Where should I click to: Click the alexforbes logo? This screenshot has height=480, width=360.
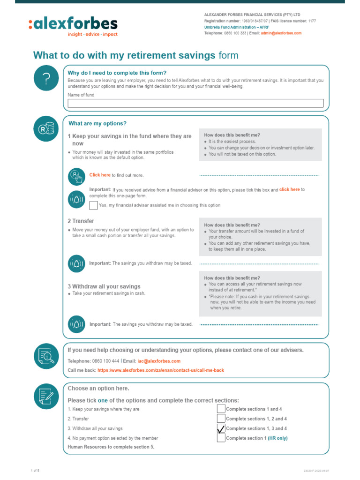73,26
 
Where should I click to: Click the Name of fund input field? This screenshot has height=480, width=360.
195,103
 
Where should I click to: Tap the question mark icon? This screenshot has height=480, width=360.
46,80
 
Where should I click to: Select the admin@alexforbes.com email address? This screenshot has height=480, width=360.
281,33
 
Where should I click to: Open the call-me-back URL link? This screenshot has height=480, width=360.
160,370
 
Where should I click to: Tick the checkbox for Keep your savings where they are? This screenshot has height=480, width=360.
221,409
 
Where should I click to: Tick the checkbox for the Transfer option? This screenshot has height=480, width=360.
221,419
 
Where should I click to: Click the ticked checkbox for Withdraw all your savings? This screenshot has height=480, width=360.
221,428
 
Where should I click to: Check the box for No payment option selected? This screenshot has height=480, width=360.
221,438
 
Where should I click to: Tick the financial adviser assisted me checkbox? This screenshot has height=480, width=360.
94,205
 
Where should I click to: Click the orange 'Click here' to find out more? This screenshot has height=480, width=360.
100,175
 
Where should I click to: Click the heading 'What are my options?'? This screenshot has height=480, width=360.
97,124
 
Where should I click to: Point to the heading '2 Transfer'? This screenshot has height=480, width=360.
81,221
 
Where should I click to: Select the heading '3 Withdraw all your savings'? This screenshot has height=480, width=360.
104,286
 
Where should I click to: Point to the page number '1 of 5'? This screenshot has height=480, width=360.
35,470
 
